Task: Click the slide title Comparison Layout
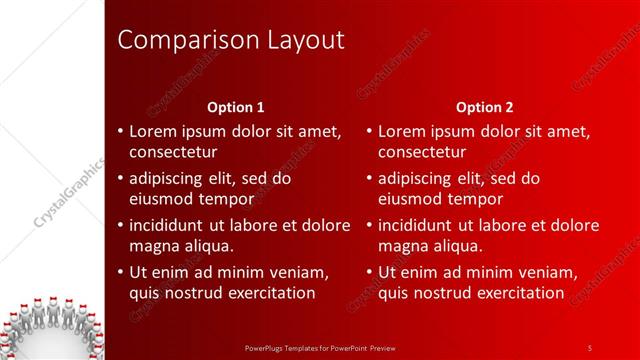[231, 40]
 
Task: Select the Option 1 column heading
[236, 107]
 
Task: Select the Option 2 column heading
[485, 107]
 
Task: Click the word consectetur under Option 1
[173, 152]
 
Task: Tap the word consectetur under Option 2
[422, 152]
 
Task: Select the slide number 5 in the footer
[590, 347]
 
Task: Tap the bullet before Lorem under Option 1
[120, 132]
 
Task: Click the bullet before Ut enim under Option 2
[369, 272]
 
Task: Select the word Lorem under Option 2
[403, 132]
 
